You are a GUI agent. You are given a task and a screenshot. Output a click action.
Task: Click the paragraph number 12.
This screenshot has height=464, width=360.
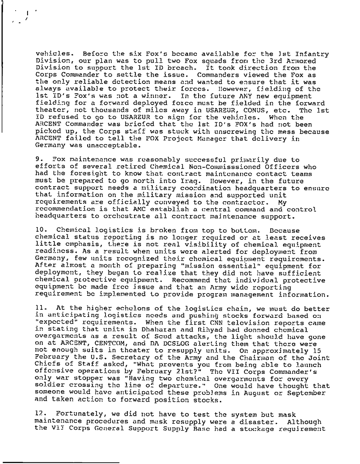click(x=38, y=408)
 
